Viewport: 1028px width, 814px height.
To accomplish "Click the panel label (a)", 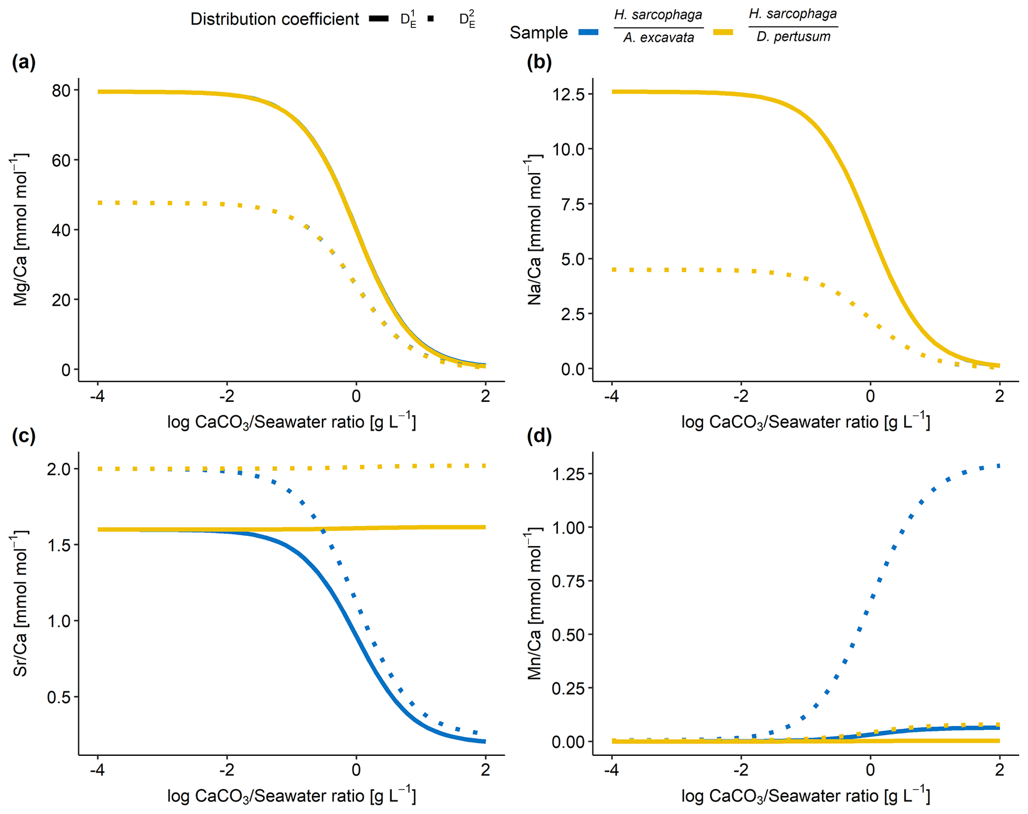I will pos(24,63).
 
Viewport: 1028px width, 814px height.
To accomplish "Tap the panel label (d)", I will pos(539,436).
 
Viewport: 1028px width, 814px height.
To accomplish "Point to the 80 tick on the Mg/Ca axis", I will pos(62,90).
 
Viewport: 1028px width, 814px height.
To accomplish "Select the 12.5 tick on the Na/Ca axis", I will pos(570,94).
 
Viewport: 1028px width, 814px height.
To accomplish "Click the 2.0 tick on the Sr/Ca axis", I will pos(59,469).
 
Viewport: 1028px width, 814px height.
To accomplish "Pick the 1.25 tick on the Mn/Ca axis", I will pos(570,473).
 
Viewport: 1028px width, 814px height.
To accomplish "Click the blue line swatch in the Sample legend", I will pos(588,32).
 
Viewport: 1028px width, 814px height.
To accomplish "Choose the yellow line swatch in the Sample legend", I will pos(723,32).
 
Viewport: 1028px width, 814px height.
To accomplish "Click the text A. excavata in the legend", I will pos(658,38).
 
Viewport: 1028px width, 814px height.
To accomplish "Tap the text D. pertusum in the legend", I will pos(793,37).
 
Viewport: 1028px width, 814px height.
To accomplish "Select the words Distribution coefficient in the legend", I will pos(275,19).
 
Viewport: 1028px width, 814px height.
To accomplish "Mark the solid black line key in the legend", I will pos(379,19).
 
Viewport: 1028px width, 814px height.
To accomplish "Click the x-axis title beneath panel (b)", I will pos(805,422).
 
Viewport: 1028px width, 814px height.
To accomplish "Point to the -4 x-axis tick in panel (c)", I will pos(97,770).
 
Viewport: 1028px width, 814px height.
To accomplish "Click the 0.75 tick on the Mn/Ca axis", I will pos(570,581).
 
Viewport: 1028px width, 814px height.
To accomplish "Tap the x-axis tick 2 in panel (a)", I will pos(485,396).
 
